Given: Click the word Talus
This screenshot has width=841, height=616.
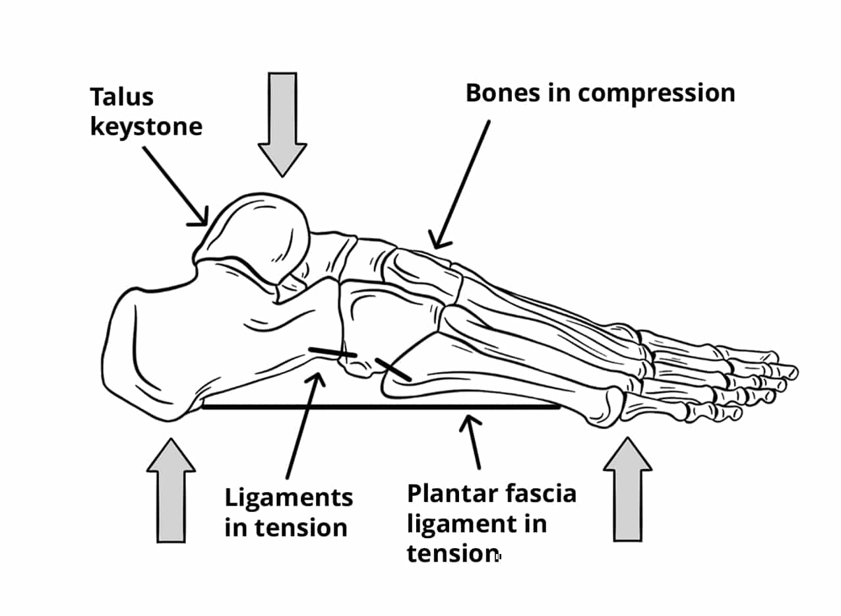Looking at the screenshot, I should pyautogui.click(x=121, y=97).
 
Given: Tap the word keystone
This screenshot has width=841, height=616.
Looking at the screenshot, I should pyautogui.click(x=146, y=126).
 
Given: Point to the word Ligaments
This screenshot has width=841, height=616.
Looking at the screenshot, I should pyautogui.click(x=289, y=497).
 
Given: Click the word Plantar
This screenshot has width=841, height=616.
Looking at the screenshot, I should pyautogui.click(x=451, y=493).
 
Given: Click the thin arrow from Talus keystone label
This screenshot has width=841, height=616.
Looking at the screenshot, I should pyautogui.click(x=175, y=186).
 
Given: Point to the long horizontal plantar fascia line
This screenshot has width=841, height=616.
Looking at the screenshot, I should pyautogui.click(x=381, y=407).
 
